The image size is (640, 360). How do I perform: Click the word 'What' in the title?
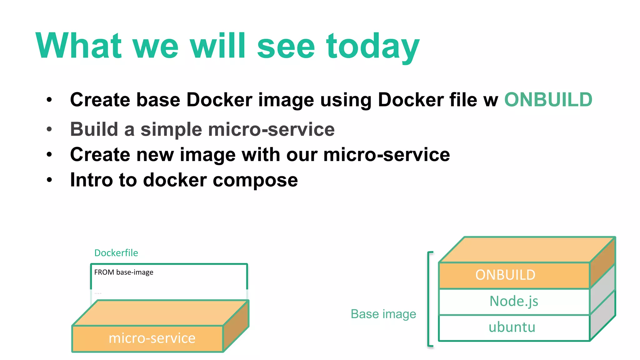[78, 46]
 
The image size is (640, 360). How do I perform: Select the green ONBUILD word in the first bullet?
[548, 100]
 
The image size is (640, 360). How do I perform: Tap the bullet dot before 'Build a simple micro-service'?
[49, 129]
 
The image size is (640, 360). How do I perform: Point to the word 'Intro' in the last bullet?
[91, 180]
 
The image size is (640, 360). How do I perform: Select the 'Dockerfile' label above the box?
[116, 253]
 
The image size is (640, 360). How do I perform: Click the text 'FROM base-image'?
[124, 272]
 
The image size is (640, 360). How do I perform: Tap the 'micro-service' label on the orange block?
[152, 338]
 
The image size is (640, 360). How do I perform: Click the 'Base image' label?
[383, 314]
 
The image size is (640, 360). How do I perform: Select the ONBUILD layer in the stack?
[505, 275]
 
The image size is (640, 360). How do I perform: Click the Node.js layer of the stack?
[513, 301]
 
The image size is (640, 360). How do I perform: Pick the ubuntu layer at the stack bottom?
[512, 327]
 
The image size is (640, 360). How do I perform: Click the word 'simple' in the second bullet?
[171, 129]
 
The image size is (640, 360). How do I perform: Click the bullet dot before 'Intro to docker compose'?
[49, 180]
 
